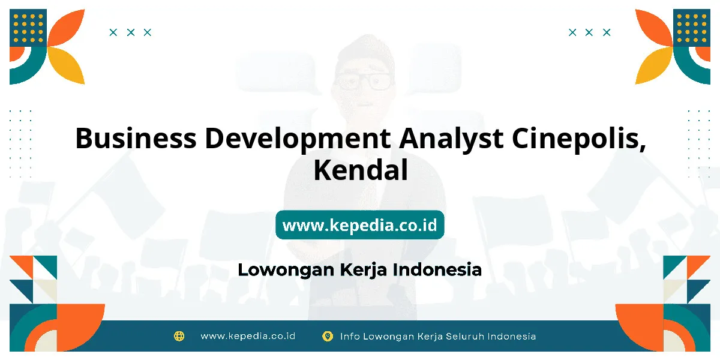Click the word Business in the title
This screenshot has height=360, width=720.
pos(136,138)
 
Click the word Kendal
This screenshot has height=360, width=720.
pos(361,170)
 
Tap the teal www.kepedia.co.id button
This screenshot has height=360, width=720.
pos(360,224)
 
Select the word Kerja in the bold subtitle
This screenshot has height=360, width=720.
pos(363,271)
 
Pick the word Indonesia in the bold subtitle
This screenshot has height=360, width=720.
pos(437,269)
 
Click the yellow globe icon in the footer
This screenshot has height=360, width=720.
pos(179,336)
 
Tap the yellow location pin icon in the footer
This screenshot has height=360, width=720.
pos(328,336)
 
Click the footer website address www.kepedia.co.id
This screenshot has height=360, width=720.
pos(248,336)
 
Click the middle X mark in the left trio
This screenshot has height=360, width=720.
pos(131,32)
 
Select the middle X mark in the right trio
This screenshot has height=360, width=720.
pos(589,32)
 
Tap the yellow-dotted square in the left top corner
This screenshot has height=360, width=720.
pos(28,28)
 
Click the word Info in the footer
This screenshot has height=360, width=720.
pos(349,336)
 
